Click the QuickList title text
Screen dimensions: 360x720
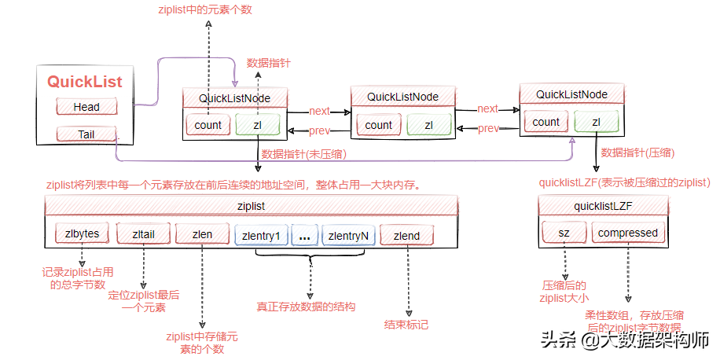point(85,81)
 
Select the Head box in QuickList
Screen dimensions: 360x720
point(86,106)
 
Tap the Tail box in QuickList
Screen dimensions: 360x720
point(86,134)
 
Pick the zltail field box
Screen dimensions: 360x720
point(142,235)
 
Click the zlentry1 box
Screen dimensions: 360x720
point(261,235)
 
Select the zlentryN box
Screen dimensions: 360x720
point(348,235)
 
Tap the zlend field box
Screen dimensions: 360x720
point(406,235)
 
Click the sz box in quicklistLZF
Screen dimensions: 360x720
point(564,233)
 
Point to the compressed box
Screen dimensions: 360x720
point(627,233)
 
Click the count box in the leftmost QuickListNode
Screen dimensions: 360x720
point(208,124)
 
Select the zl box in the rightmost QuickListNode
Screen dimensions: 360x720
point(596,121)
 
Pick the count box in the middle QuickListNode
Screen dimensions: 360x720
point(378,124)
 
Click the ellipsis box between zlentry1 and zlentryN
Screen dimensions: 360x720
point(305,235)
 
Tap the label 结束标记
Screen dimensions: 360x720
point(406,323)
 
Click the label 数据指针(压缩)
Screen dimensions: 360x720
point(634,151)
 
